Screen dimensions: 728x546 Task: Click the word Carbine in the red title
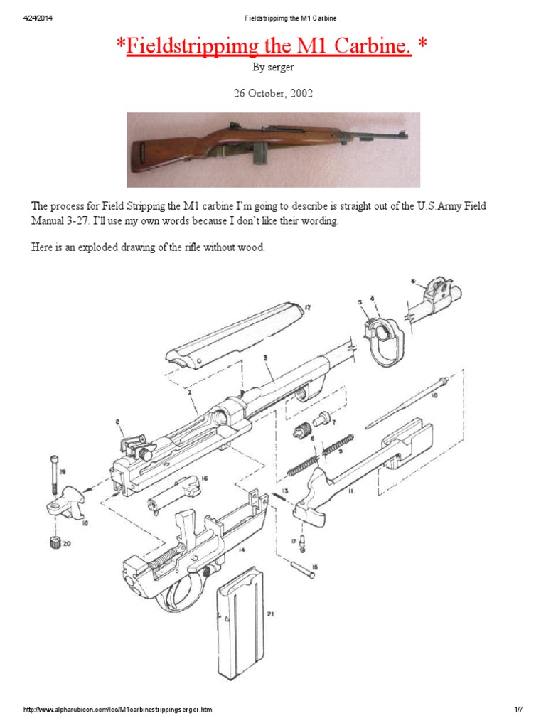coord(368,48)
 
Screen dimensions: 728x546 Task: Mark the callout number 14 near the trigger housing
coord(242,530)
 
